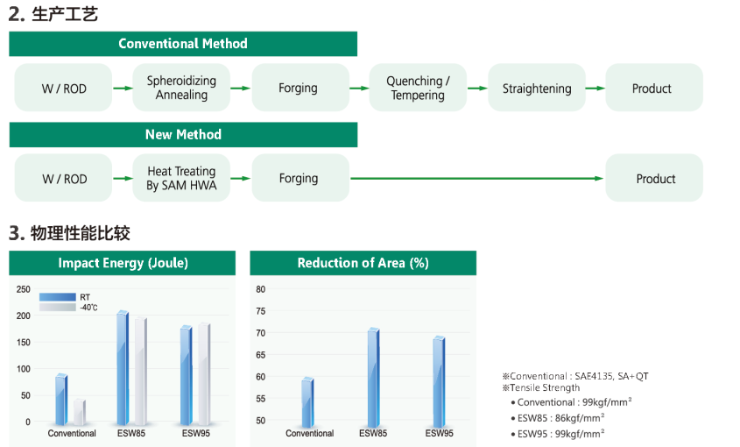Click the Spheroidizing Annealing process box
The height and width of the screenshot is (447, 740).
pos(181,88)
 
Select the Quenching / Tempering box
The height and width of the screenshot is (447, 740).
pos(418,88)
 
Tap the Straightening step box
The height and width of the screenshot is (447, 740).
pos(537,88)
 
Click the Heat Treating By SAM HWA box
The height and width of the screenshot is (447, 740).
pos(181,178)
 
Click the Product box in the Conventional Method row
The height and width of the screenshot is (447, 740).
pos(654,88)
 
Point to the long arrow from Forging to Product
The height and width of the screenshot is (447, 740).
pos(477,179)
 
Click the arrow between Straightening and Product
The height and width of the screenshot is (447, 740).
pos(596,89)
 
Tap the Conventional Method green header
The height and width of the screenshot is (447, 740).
pos(183,44)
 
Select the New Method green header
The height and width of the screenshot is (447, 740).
pos(183,135)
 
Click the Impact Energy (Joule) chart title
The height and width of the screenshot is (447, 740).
pos(123,263)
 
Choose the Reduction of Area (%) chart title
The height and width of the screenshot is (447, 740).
pos(363,263)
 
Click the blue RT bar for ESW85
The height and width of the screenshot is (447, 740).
pos(123,367)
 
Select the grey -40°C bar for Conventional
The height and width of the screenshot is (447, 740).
pos(80,412)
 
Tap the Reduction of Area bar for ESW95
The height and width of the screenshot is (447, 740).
pos(439,382)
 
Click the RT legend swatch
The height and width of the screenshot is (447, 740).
pos(57,297)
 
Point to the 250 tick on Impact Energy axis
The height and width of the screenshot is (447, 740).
pos(23,289)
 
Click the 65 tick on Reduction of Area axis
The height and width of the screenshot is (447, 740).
pos(260,355)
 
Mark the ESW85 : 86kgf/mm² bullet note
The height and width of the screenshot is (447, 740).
pos(557,418)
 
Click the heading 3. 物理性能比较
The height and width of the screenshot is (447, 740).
pos(69,233)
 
